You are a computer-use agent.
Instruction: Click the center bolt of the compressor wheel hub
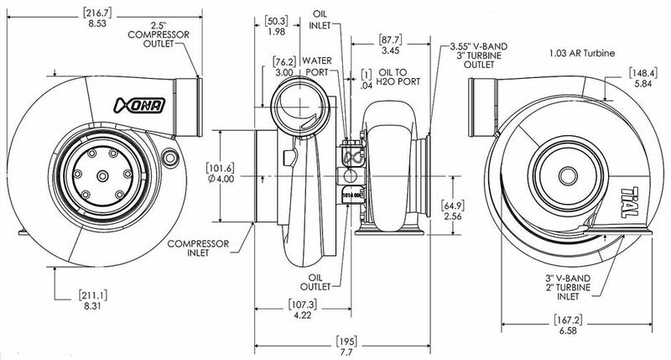pyautogui.click(x=99, y=174)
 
